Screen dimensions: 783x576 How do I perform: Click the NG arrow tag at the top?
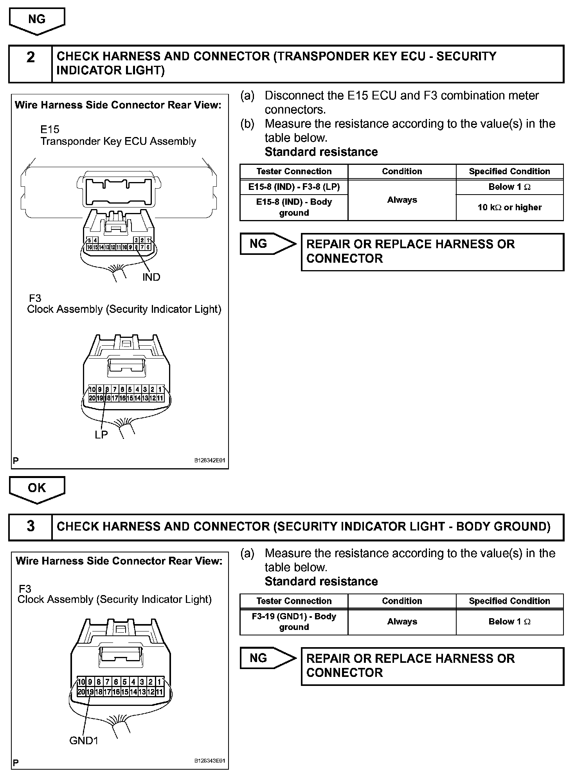click(37, 20)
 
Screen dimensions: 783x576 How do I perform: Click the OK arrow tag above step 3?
click(37, 488)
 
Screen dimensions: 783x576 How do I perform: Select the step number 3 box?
click(31, 526)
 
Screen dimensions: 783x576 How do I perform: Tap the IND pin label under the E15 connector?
click(151, 277)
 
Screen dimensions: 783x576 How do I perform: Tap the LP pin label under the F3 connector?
click(101, 435)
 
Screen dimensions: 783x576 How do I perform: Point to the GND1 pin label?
click(84, 741)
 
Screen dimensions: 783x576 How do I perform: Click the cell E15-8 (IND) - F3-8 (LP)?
click(294, 187)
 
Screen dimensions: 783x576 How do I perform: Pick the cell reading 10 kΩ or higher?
click(509, 207)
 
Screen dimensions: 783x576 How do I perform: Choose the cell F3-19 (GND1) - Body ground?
click(294, 622)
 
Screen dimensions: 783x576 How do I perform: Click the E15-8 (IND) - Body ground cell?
click(294, 207)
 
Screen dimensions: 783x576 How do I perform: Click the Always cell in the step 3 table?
click(402, 622)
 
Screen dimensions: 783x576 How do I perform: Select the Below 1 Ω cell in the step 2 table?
click(509, 187)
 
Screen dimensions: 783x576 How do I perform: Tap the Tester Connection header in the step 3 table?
click(294, 601)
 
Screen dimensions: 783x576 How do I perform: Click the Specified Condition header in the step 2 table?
click(509, 171)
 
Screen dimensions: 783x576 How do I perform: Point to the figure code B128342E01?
click(210, 461)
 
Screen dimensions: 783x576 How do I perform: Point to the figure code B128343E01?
click(210, 761)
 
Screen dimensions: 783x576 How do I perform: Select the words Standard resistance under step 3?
click(321, 581)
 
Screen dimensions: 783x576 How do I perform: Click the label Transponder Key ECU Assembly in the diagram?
click(118, 141)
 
